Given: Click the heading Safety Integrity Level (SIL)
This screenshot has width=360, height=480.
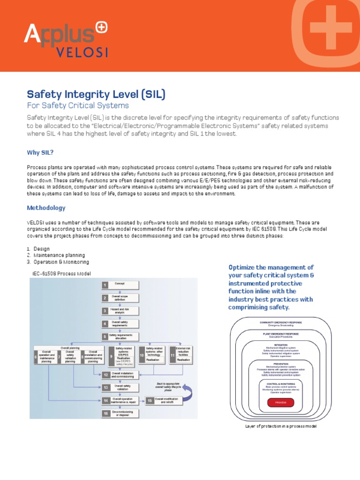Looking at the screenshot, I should coord(96,95).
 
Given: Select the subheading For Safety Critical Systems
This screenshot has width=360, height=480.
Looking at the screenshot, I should coord(78,105).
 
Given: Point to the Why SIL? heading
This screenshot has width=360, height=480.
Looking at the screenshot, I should coord(43,153).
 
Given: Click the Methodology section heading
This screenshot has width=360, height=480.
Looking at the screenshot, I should coord(46,208).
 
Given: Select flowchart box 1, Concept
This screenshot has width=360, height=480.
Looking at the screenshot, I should coord(120,284).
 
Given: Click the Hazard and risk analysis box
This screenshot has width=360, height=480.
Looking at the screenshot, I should coord(120,310).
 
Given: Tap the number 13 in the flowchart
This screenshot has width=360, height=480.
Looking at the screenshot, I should coord(106,387).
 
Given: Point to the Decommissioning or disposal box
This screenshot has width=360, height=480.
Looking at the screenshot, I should coord(120,413).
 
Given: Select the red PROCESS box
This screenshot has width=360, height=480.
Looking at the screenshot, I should coord(280,402).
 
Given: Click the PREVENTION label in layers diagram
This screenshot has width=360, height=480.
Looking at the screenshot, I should coord(280,363).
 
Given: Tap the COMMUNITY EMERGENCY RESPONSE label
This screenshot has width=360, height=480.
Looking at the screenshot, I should coord(280,322).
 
